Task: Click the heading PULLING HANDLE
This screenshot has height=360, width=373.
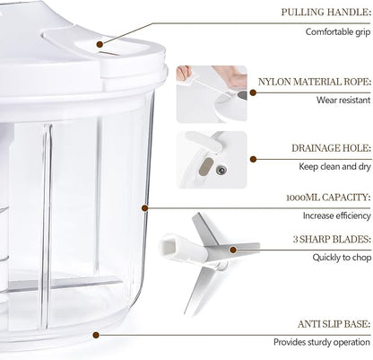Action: tap(326, 13)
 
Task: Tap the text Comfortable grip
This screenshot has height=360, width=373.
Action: tap(338, 31)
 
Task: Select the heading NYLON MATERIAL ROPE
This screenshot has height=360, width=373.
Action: tap(315, 82)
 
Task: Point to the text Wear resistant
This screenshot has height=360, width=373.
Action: tap(343, 100)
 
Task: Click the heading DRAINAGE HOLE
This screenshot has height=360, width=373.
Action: tap(331, 148)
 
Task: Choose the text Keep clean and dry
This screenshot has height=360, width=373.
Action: tap(334, 166)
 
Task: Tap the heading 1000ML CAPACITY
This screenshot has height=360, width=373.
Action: tap(328, 198)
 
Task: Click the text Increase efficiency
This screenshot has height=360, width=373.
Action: tap(336, 215)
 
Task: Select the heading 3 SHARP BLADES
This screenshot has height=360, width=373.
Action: tap(332, 240)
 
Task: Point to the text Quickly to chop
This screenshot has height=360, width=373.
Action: tap(342, 258)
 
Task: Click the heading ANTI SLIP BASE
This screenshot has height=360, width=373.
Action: tap(334, 324)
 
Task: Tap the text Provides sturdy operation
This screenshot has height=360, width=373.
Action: tap(322, 342)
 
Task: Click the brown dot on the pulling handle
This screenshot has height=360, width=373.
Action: tap(100, 44)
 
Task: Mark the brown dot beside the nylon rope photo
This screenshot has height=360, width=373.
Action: tap(253, 92)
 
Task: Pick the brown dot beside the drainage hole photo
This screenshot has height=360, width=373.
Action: tap(253, 159)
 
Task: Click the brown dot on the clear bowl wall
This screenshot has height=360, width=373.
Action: tap(144, 207)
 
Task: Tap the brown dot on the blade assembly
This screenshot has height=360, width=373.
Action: tap(233, 250)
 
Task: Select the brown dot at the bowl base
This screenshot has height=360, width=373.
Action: tap(96, 335)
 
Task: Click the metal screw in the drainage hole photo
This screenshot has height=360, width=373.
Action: tap(221, 171)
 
